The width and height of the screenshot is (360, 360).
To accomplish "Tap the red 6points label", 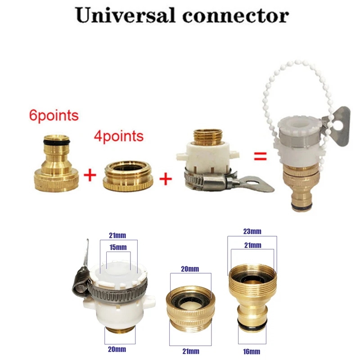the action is tap(54, 115).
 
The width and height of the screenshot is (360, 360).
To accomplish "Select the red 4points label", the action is tap(119, 135).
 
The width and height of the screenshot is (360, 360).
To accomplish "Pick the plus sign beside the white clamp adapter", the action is tap(166, 179).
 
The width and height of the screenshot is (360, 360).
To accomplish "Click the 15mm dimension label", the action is tap(118, 247).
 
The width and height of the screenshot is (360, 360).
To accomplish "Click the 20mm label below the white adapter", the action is tap(117, 349).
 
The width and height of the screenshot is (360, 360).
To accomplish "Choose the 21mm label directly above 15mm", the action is tap(118, 235).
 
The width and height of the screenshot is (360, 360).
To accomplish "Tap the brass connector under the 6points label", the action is tap(57, 166).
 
